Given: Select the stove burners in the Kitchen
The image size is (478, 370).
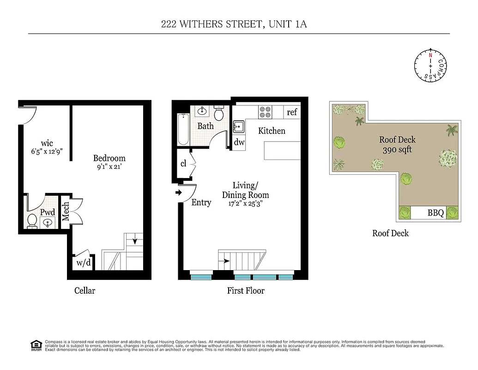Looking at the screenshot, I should click(x=265, y=112).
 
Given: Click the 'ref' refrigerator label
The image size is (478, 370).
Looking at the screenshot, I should click(x=292, y=112).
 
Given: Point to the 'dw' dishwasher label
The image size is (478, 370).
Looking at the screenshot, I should click(x=239, y=142).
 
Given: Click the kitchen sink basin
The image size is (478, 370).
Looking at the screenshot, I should click(x=239, y=126).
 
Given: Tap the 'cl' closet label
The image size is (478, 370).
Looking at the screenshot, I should click(x=183, y=163).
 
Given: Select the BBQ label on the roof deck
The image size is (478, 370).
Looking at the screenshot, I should click(x=435, y=213).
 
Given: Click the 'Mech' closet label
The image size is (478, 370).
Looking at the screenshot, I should click(x=66, y=211).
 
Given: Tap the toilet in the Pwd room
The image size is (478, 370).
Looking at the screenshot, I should click(x=32, y=221).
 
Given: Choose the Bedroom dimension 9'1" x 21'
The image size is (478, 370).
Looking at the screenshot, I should click(x=109, y=168).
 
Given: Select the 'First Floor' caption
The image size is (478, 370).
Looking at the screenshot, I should click(x=246, y=290).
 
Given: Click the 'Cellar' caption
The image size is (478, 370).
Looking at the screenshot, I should click(x=85, y=290).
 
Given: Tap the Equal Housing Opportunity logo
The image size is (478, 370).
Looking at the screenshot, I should click(x=35, y=345).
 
